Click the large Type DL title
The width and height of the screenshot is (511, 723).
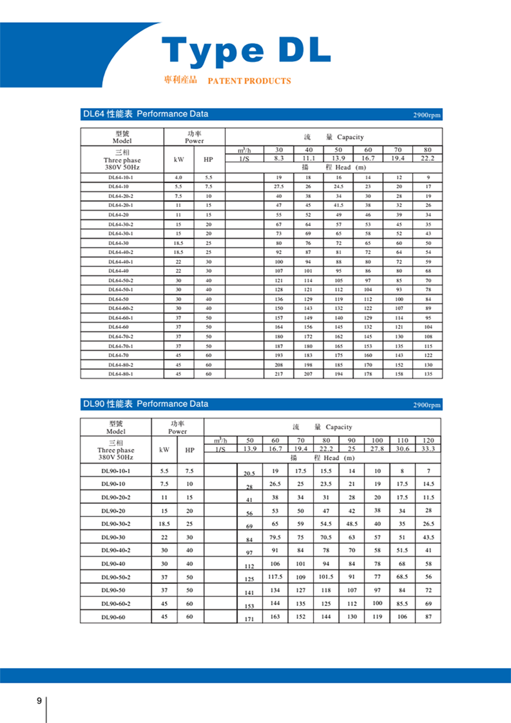pyautogui.click(x=246, y=50)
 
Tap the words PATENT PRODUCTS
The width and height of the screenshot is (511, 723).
pyautogui.click(x=249, y=81)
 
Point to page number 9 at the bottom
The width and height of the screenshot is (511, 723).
pyautogui.click(x=39, y=701)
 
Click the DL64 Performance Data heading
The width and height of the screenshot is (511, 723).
pyautogui.click(x=145, y=115)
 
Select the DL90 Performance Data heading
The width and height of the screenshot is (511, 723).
pyautogui.click(x=145, y=404)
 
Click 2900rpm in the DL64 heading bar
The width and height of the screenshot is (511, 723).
pyautogui.click(x=427, y=115)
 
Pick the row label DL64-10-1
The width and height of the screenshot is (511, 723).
pyautogui.click(x=121, y=177)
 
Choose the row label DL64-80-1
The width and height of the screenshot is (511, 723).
pyautogui.click(x=121, y=374)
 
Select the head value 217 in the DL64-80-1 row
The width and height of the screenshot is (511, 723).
pyautogui.click(x=279, y=374)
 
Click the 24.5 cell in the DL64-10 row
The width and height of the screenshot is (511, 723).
pyautogui.click(x=338, y=186)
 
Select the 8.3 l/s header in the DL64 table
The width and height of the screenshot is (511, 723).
pyautogui.click(x=279, y=158)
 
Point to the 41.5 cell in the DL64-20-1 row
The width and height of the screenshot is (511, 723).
pyautogui.click(x=338, y=205)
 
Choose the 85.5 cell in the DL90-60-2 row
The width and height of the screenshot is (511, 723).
pyautogui.click(x=403, y=603)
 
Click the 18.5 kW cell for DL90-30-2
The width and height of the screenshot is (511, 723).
pyautogui.click(x=164, y=524)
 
